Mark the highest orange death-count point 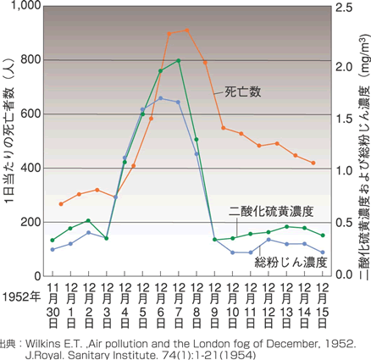coord(186,31)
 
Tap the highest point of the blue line coord(161,98)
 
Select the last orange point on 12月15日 coord(313,163)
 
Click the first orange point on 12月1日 coord(61,204)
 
